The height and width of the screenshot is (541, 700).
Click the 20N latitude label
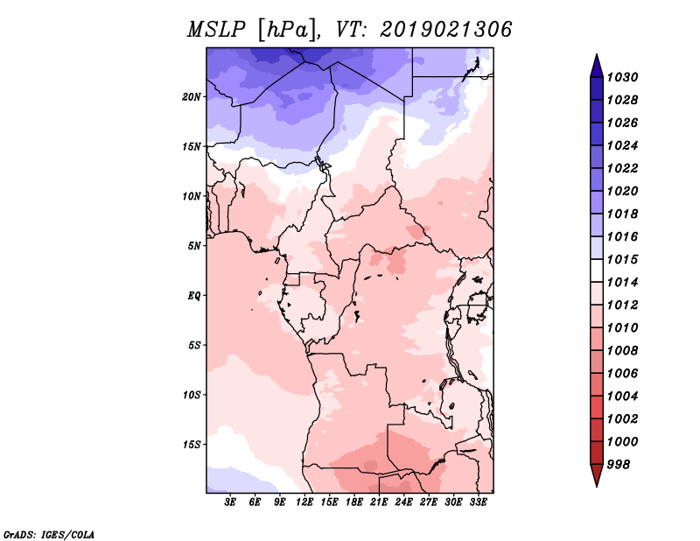pos(192,97)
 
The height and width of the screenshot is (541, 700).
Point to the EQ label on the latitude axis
pos(194,296)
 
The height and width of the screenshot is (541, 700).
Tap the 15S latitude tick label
pos(192,445)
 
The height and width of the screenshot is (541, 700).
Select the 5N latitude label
pos(194,246)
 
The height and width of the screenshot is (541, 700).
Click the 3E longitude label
pos(230,502)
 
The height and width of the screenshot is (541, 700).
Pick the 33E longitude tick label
pos(478,502)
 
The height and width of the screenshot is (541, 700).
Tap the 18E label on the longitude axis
pos(354,502)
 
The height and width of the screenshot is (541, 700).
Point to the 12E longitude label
pos(304,502)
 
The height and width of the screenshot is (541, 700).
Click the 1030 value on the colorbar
pos(622,77)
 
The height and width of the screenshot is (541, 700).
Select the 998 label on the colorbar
pos(619,465)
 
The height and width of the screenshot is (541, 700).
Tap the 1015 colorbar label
pos(622,259)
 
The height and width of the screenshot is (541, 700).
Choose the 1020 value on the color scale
pos(622,191)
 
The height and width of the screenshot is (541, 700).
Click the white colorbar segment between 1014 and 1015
pos(597,270)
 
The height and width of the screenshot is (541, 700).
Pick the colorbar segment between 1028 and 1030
pos(597,88)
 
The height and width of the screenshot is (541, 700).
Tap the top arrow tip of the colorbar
pos(597,54)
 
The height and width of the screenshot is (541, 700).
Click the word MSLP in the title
pos(216,30)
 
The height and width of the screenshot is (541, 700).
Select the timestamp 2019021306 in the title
pos(445,30)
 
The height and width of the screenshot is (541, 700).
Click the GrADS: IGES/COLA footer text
pos(49,534)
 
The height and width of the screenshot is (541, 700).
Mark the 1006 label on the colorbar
pos(622,374)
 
